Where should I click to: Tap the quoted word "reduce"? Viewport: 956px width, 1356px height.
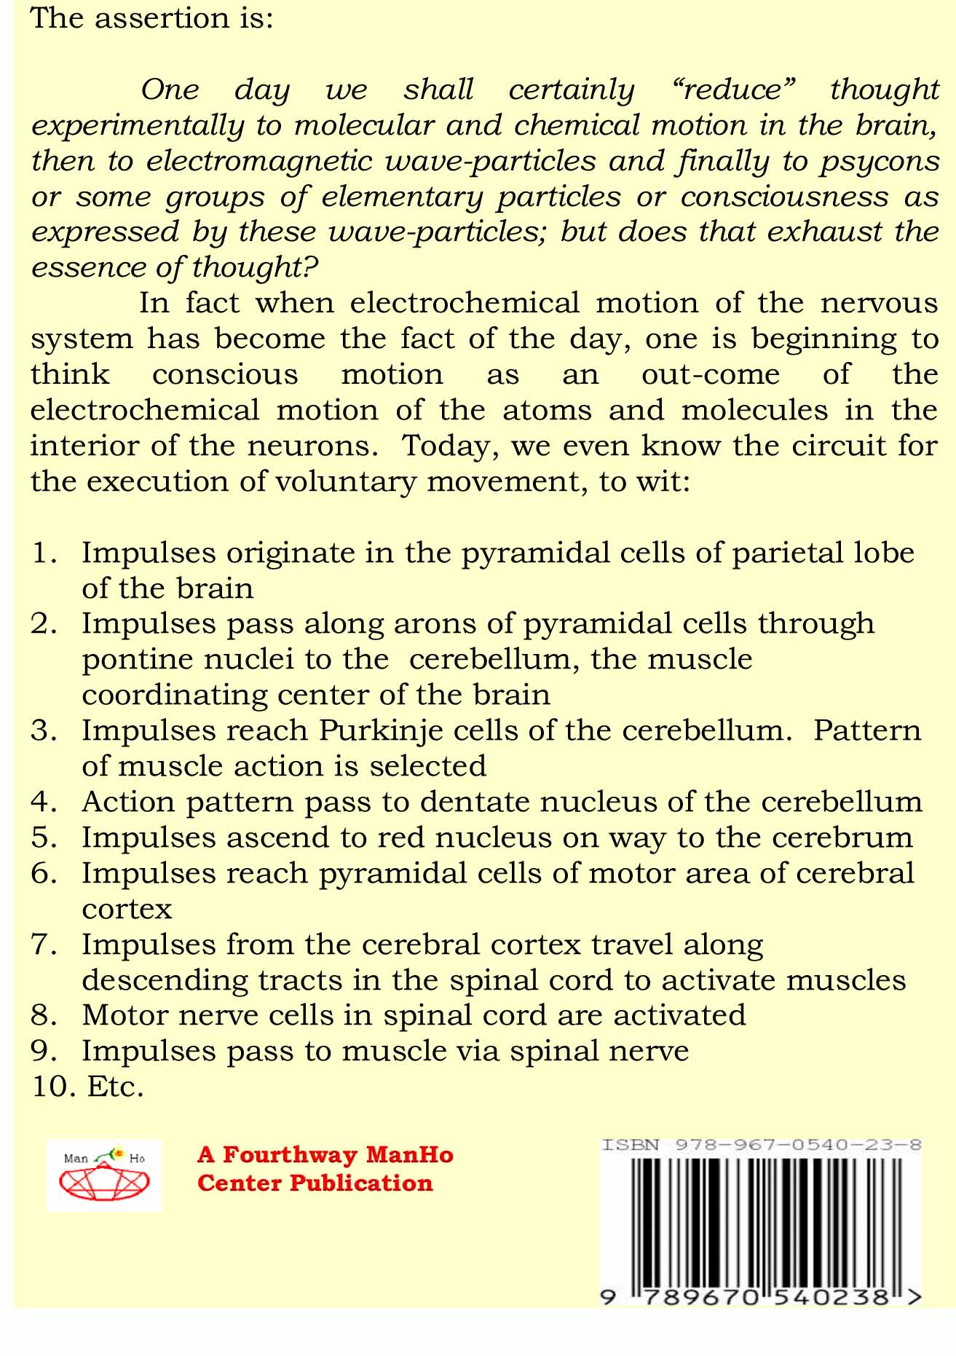tap(732, 90)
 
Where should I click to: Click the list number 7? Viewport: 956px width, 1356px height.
tap(44, 945)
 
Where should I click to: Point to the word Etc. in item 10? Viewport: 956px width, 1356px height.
tap(115, 1087)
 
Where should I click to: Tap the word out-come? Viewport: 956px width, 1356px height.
tap(710, 375)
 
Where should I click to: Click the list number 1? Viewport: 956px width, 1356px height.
tap(44, 553)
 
